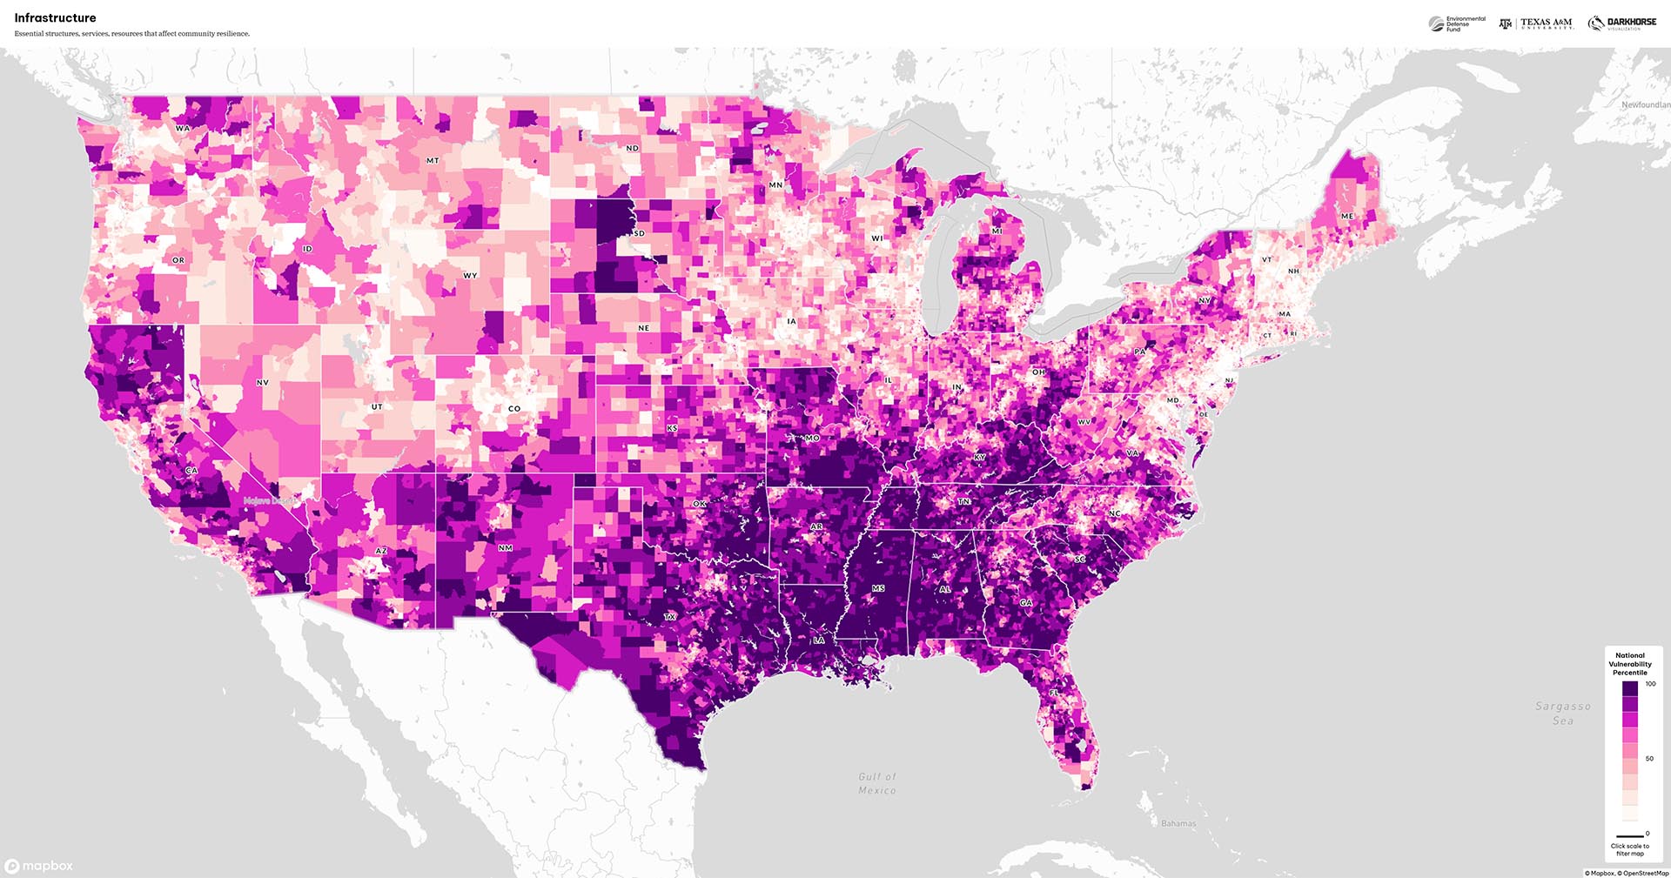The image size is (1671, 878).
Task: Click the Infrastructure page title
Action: point(55,18)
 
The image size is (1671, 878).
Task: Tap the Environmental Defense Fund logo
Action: point(1457,24)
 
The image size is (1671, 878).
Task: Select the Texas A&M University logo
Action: point(1537,23)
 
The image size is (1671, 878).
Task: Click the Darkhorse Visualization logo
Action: point(1622,23)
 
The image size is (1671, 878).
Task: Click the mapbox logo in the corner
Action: point(39,866)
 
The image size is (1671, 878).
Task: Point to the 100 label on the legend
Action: point(1650,684)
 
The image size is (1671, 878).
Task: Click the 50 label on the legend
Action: point(1649,759)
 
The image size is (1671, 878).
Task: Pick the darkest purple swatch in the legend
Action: point(1630,687)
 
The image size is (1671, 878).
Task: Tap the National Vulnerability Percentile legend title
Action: point(1630,664)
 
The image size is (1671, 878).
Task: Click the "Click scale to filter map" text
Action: point(1630,849)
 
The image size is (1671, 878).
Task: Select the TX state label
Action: point(670,617)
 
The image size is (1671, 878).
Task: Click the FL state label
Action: point(1054,693)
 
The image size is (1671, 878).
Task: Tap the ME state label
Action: point(1347,216)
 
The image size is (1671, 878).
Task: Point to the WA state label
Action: point(182,128)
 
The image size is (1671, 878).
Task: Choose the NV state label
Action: point(262,383)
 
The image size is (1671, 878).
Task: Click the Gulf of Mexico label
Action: point(877,783)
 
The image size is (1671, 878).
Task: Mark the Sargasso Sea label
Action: point(1563,714)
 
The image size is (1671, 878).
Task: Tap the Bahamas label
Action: point(1178,823)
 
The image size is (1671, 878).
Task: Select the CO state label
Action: point(514,408)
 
